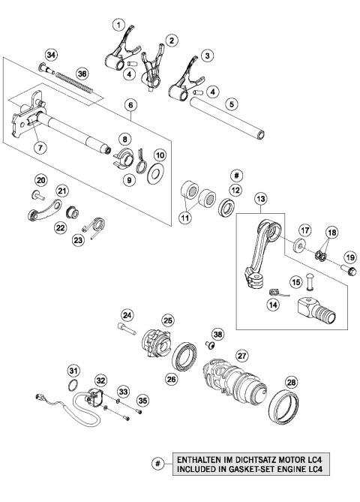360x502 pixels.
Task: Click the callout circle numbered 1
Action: [x=118, y=25]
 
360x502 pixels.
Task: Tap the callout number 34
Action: [x=51, y=55]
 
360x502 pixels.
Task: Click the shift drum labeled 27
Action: [x=231, y=375]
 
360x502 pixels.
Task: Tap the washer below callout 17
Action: [x=298, y=247]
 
